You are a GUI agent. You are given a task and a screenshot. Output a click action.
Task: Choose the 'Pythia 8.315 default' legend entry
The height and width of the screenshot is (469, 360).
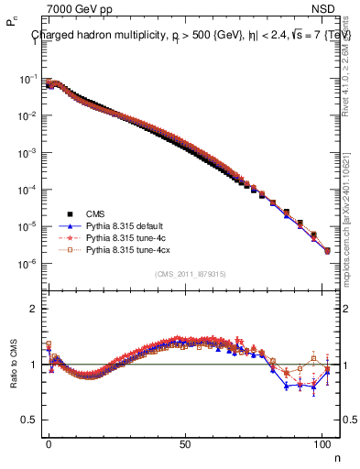125,224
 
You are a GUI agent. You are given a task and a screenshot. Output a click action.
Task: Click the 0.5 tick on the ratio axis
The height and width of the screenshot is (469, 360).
27,420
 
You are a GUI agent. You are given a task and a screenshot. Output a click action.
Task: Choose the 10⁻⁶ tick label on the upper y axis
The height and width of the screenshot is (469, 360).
27,264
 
